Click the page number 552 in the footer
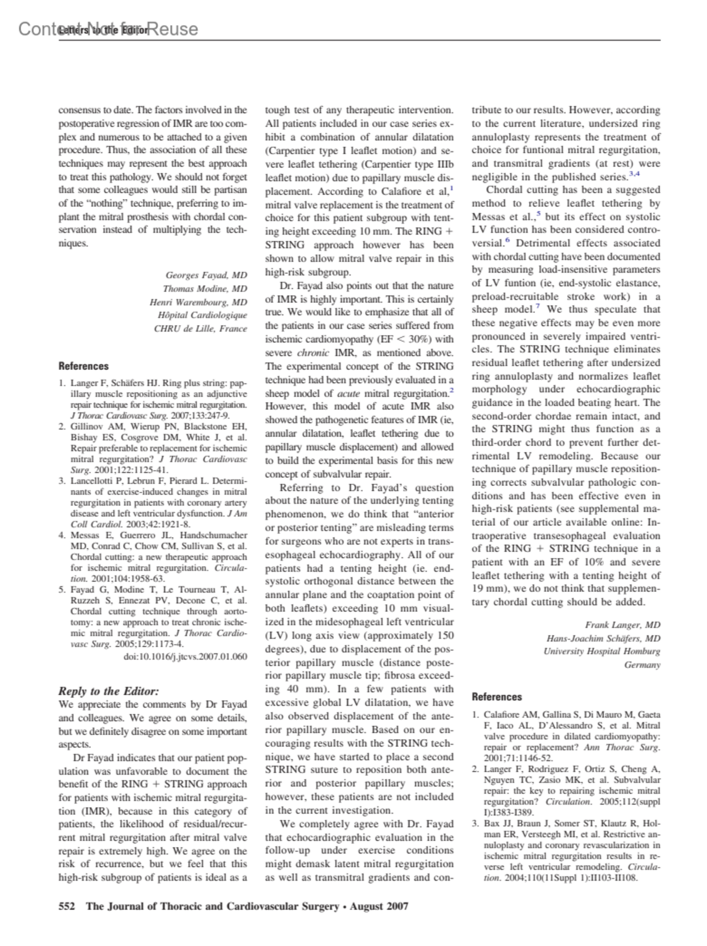click(67, 906)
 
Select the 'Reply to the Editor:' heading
click(108, 691)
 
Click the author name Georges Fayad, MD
click(206, 275)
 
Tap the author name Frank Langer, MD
click(622, 625)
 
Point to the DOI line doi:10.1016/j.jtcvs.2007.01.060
click(185, 656)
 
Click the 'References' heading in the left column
click(84, 366)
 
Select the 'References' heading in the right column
click(497, 697)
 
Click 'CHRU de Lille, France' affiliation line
click(200, 328)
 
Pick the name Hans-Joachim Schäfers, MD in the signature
click(603, 639)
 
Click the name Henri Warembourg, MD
click(198, 302)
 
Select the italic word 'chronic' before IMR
click(313, 353)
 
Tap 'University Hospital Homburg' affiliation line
click(602, 651)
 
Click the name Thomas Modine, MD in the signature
click(204, 289)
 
